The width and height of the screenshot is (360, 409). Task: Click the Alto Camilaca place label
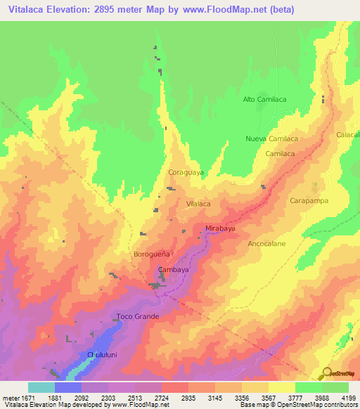pyautogui.click(x=264, y=100)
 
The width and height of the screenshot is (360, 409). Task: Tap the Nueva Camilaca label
pyautogui.click(x=270, y=138)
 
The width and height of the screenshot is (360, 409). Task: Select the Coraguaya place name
pyautogui.click(x=186, y=171)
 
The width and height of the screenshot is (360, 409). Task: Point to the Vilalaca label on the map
pyautogui.click(x=198, y=203)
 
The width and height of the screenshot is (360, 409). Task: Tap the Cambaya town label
pyautogui.click(x=173, y=270)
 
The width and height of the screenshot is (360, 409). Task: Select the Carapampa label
pyautogui.click(x=309, y=201)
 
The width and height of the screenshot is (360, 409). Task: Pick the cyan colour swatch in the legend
pyautogui.click(x=41, y=387)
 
